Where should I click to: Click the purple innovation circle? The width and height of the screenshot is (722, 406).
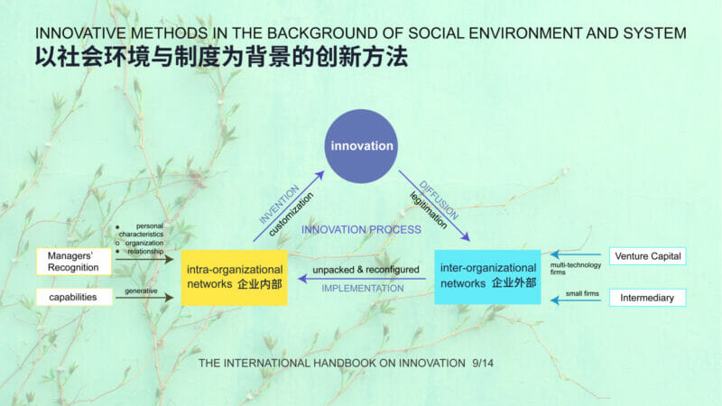coord(361,146)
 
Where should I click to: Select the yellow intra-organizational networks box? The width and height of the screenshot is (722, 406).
coord(235,278)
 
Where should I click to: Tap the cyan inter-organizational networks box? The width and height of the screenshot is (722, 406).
coord(487,277)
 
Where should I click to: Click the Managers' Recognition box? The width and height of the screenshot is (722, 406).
coord(74,262)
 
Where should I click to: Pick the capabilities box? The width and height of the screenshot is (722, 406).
coord(74,297)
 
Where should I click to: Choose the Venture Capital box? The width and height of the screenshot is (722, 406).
coord(647,256)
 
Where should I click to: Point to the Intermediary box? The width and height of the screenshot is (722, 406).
coord(647,298)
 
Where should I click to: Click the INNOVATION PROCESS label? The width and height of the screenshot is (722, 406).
coord(361,230)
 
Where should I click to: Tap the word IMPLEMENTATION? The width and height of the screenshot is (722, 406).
coord(363,288)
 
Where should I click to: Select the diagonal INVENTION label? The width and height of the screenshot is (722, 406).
coord(279,205)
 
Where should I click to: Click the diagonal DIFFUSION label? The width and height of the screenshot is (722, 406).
coord(439,199)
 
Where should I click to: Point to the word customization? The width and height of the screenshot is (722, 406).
coord(291,214)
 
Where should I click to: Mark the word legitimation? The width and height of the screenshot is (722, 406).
coord(428,210)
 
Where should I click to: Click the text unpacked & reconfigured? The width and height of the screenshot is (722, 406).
coord(366,270)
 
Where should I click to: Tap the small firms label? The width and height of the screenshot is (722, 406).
coord(582,293)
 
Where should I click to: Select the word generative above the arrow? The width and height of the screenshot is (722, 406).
coord(141,291)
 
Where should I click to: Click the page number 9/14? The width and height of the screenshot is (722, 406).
coord(483,364)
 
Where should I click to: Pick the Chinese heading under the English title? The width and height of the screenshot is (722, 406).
coord(221,57)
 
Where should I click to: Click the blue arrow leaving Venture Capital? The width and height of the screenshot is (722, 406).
coord(576,254)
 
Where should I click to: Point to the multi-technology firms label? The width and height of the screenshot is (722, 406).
coord(575,268)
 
